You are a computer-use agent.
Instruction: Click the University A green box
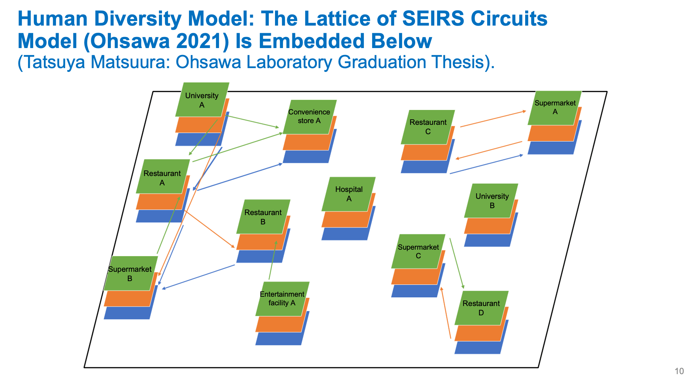click(202, 100)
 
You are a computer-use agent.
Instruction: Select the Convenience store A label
click(309, 117)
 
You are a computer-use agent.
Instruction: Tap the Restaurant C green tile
click(428, 127)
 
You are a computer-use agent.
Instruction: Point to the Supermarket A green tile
click(555, 108)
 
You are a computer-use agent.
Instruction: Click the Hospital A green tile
click(349, 194)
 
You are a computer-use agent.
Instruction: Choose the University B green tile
click(491, 201)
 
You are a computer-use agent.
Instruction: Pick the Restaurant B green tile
click(263, 216)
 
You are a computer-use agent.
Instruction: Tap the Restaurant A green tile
click(163, 176)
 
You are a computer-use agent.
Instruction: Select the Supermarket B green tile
click(131, 273)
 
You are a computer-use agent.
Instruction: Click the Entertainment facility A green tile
click(282, 299)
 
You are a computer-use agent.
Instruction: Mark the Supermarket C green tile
click(418, 251)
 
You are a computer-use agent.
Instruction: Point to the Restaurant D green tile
click(481, 308)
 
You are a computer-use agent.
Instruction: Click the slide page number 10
click(679, 371)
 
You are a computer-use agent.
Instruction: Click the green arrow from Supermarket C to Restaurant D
click(457, 263)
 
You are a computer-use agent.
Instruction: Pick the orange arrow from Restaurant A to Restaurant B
click(210, 229)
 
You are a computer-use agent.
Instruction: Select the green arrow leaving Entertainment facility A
click(273, 260)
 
